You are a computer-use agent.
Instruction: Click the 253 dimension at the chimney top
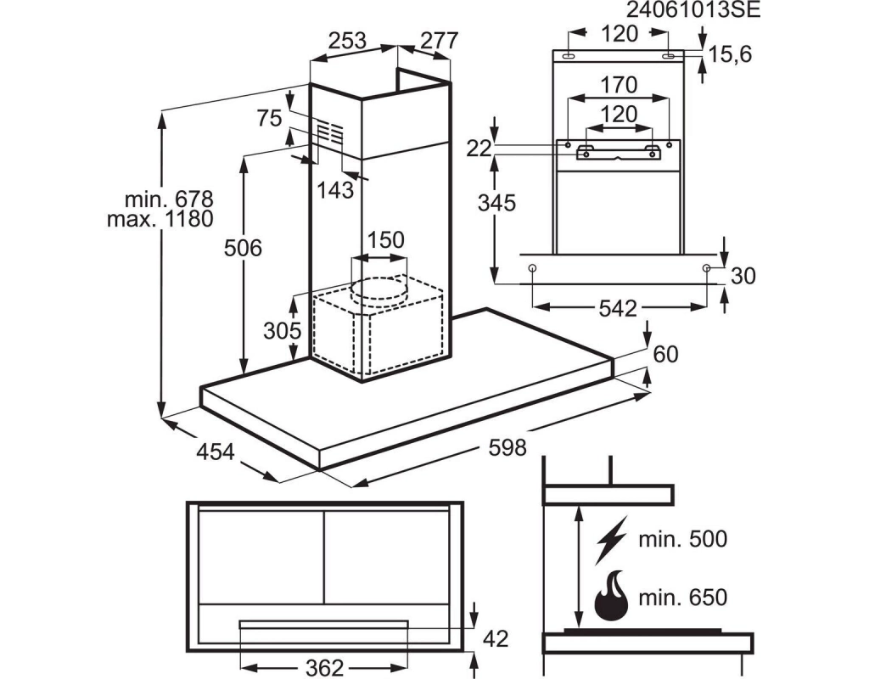click(x=347, y=41)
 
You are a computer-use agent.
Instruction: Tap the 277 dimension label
click(x=440, y=41)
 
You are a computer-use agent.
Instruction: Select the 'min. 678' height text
click(x=169, y=199)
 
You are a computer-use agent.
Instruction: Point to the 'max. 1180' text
click(x=160, y=219)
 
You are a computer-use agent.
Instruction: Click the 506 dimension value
click(x=243, y=249)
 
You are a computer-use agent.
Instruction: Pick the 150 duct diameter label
click(x=386, y=240)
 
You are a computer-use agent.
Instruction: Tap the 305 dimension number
click(x=282, y=331)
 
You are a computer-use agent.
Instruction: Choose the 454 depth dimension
click(x=216, y=452)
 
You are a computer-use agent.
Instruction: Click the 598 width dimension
click(x=507, y=446)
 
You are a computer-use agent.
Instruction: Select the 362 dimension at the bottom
click(x=325, y=667)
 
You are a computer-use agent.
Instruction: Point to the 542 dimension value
click(x=618, y=308)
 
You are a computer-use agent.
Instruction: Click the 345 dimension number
click(x=497, y=203)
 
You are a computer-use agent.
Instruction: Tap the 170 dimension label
click(x=619, y=85)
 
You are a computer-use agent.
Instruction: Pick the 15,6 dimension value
click(x=731, y=54)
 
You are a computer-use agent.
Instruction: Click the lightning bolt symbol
click(x=611, y=539)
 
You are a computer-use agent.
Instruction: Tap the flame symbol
click(x=611, y=597)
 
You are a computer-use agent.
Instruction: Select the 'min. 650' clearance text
click(x=683, y=598)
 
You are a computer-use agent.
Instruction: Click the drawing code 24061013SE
click(x=693, y=10)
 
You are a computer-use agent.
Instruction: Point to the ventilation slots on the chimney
click(x=330, y=132)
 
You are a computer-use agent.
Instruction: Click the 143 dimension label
click(x=335, y=190)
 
